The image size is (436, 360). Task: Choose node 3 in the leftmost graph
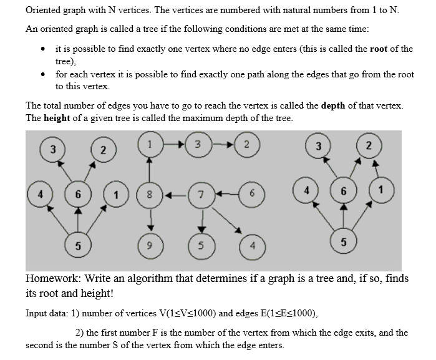tap(54, 150)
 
